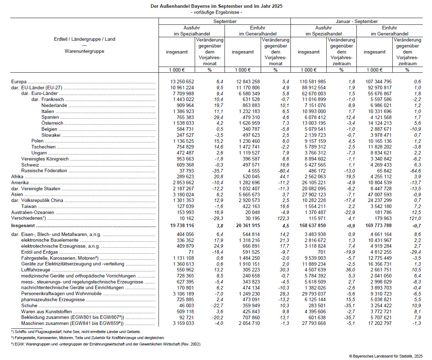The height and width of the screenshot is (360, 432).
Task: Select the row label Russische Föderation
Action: point(44,171)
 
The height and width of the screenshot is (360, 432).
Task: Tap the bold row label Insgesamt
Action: point(23,226)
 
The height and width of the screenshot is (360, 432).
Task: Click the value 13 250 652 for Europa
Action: point(182,82)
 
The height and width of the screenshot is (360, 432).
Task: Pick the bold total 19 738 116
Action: point(182,226)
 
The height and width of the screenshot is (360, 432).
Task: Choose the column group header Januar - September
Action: point(356,22)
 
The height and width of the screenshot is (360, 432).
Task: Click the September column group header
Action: point(225,22)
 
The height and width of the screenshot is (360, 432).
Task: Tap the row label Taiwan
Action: point(29,207)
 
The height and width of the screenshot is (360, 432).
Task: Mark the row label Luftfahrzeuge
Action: point(36,270)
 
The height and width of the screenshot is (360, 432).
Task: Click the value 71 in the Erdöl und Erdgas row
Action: point(191,252)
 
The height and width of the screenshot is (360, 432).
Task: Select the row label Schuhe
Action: point(29,305)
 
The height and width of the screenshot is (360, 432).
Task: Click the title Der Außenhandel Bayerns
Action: point(216,6)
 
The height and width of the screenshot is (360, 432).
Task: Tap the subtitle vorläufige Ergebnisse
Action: point(216,12)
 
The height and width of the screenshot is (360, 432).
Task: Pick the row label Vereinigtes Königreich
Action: point(45,159)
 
